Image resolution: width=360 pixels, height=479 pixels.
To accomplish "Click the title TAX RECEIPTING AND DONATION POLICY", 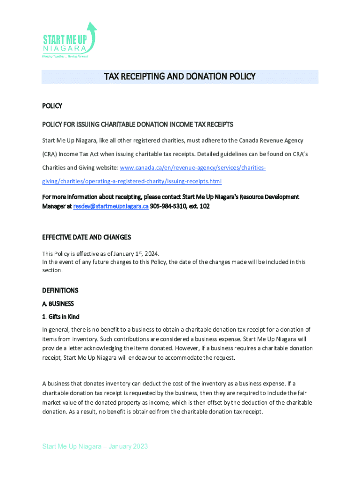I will [180, 77].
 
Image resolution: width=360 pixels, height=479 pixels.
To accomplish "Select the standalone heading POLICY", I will [52, 106].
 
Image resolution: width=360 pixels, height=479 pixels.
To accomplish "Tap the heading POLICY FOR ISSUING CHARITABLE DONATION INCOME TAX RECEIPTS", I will [137, 124].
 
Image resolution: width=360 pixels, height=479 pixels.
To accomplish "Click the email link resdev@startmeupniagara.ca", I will [111, 206].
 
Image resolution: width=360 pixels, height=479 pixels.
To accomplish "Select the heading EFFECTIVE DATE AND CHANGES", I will [86, 237].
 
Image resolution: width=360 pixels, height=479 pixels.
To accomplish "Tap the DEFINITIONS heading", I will [60, 290].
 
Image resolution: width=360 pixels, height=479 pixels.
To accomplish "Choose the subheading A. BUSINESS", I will [58, 304].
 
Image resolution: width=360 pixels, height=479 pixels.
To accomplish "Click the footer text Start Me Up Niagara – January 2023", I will [95, 446].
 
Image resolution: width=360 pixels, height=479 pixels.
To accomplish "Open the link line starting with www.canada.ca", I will [193, 167].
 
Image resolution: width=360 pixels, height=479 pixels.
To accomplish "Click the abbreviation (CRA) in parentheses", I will [50, 154].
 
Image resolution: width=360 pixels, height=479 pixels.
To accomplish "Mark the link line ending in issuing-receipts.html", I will [132, 181].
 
